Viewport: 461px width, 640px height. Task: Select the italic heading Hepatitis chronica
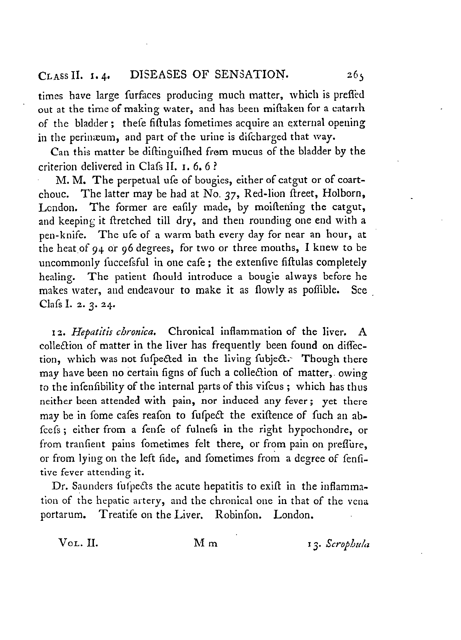114,331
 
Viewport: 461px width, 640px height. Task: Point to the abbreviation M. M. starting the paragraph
69,180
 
